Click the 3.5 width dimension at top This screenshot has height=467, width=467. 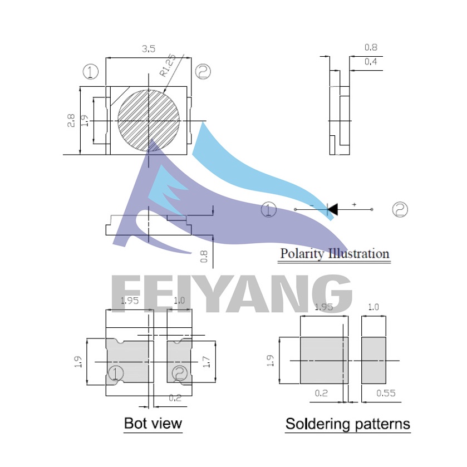(148, 49)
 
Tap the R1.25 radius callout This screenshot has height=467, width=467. (168, 66)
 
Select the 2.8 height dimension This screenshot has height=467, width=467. (71, 121)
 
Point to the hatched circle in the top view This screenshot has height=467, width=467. (149, 120)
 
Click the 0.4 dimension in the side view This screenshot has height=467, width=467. (371, 61)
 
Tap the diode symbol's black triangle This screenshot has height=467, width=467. (333, 209)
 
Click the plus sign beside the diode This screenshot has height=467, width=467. (354, 204)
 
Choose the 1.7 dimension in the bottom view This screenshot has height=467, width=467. (207, 362)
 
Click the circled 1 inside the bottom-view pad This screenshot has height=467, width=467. (116, 373)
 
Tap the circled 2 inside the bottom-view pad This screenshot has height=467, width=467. (180, 373)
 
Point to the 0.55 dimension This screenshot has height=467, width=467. (386, 393)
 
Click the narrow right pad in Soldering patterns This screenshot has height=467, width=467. (374, 360)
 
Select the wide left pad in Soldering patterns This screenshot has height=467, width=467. (324, 360)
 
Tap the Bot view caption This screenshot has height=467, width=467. (153, 423)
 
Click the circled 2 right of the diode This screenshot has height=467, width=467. (400, 209)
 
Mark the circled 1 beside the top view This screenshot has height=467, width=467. (91, 72)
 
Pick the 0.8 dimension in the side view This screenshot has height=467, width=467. (371, 47)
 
